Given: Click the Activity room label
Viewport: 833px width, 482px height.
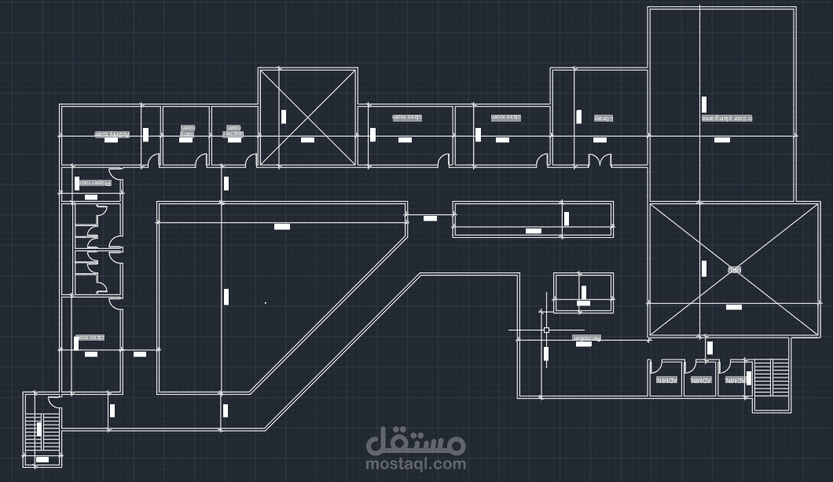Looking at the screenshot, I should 112,134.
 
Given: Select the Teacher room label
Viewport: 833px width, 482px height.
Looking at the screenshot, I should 233,130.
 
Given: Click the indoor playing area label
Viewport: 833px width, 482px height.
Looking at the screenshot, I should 727,119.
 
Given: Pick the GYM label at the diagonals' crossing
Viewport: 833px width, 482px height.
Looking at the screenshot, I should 734,269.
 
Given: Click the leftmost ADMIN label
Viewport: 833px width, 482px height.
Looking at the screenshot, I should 666,380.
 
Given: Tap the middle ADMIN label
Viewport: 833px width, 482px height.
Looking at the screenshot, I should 700,380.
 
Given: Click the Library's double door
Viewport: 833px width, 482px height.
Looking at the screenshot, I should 600,160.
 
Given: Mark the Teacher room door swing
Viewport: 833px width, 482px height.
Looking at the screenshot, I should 250,160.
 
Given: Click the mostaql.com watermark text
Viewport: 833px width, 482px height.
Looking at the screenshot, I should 416,464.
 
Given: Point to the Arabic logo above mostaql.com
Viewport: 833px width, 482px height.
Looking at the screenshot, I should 416,442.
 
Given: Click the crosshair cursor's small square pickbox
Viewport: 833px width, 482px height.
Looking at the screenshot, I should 546,330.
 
